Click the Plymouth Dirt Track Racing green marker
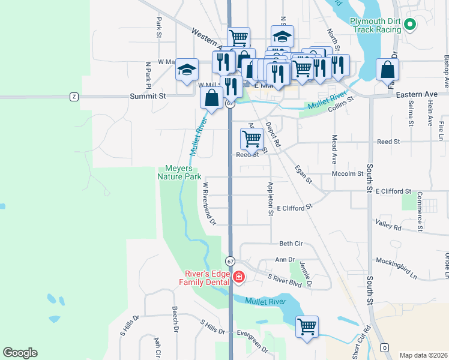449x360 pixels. click(x=411, y=25)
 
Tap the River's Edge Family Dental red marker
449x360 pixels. click(x=239, y=277)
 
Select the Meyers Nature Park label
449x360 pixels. click(x=179, y=173)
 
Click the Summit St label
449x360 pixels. click(x=148, y=96)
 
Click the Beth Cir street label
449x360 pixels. click(x=291, y=244)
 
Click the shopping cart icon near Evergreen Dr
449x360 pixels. click(x=307, y=327)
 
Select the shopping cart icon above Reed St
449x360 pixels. click(x=252, y=139)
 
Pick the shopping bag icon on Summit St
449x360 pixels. click(x=212, y=98)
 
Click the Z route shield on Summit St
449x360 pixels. click(x=74, y=96)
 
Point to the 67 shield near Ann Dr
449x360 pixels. click(x=230, y=262)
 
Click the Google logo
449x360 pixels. click(x=20, y=353)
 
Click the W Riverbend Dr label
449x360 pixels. click(x=209, y=204)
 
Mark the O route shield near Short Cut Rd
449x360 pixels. click(x=384, y=348)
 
